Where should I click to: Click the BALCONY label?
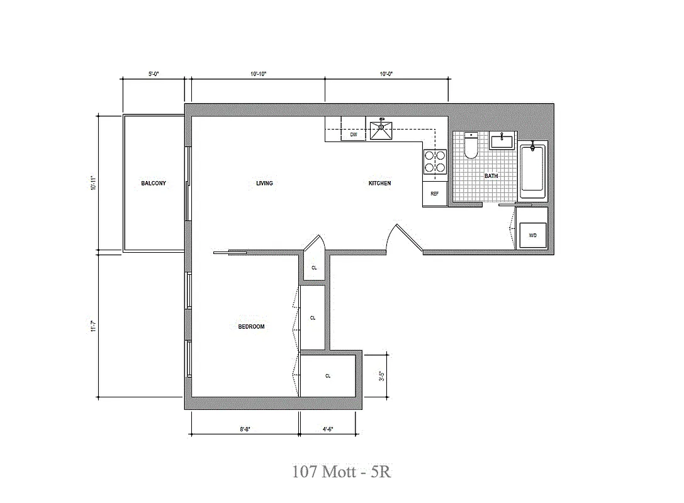(x=154, y=184)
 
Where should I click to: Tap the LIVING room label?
(x=264, y=184)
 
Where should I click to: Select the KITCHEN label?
(x=379, y=184)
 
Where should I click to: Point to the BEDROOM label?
(x=251, y=327)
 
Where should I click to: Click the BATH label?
(x=491, y=176)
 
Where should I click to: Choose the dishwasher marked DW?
(x=354, y=135)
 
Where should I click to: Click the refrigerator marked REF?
(x=434, y=194)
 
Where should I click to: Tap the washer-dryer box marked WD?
(x=532, y=236)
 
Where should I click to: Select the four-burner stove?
(x=435, y=161)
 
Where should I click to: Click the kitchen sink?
(x=381, y=130)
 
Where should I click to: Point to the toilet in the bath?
(x=471, y=146)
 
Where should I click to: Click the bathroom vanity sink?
(x=502, y=140)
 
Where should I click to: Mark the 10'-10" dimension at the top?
(x=258, y=74)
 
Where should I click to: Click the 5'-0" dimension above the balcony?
(x=154, y=74)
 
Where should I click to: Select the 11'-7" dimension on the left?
(x=93, y=327)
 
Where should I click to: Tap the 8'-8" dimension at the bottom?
(x=245, y=429)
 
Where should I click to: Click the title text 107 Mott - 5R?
(x=342, y=472)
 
